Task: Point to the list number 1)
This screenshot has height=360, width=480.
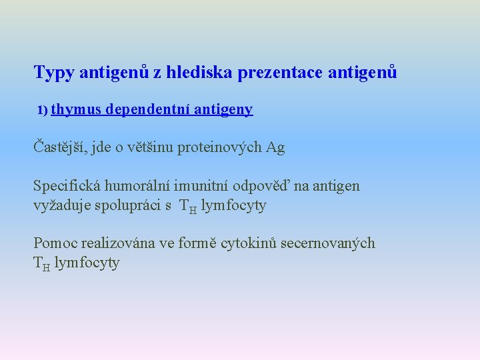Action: point(42,110)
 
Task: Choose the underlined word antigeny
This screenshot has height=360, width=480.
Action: point(224,109)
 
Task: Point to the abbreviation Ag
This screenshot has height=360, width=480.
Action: point(275,148)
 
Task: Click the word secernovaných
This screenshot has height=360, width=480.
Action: point(333,243)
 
